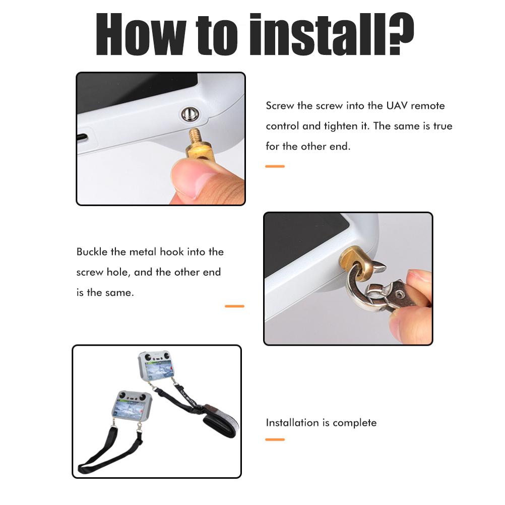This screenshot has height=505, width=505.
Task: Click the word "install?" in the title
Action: (x=332, y=34)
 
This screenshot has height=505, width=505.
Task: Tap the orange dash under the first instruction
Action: (x=275, y=166)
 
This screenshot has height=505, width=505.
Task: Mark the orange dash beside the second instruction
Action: (x=234, y=306)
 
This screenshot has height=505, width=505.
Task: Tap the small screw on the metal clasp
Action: (x=400, y=294)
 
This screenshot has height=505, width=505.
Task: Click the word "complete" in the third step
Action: (x=354, y=423)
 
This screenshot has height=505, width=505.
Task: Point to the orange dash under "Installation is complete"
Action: (x=275, y=439)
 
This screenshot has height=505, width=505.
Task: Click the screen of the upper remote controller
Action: (x=159, y=369)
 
